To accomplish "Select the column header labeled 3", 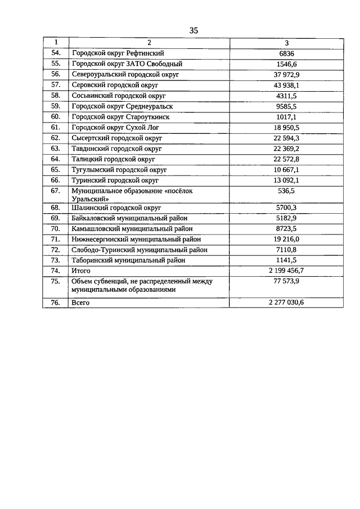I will (287, 43).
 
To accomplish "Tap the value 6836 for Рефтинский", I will (287, 54).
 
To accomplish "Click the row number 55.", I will (55, 64).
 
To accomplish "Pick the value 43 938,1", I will (287, 85).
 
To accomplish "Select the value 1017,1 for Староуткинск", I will (287, 117).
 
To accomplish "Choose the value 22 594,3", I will (287, 138).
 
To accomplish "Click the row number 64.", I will (55, 159).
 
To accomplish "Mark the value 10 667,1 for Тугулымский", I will (287, 170).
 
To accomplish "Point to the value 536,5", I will (287, 191).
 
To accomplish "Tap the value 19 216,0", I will (287, 239).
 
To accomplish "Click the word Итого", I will (82, 271).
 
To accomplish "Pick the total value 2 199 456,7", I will (287, 271).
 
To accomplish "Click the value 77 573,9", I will (287, 281).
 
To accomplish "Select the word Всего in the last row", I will (81, 303).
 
